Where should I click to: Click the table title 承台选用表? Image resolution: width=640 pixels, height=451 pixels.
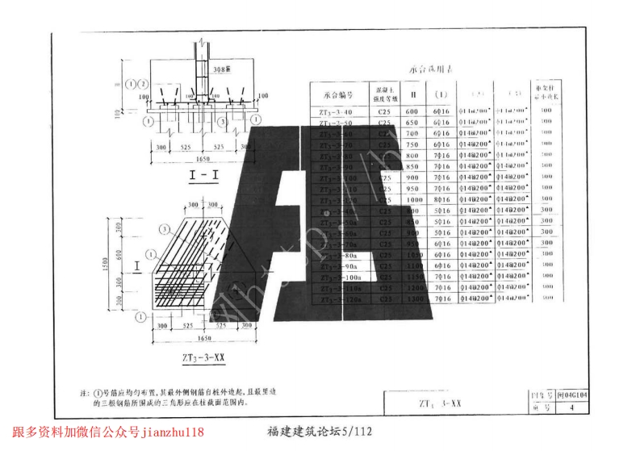[x=431, y=70]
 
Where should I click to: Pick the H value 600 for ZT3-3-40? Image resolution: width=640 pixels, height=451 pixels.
[x=412, y=112]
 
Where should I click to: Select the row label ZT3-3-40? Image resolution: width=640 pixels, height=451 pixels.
[x=337, y=112]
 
